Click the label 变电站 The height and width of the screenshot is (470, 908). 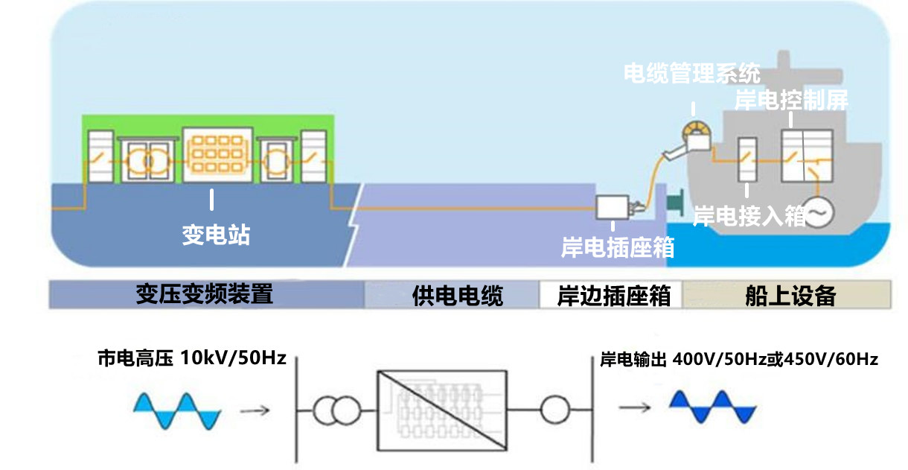(x=216, y=235)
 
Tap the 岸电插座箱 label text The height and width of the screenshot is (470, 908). (x=618, y=247)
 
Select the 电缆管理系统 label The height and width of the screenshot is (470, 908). (x=691, y=74)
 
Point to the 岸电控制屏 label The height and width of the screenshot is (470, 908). (x=790, y=100)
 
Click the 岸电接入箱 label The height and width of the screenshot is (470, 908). (x=749, y=216)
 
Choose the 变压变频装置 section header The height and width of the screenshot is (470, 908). (x=205, y=294)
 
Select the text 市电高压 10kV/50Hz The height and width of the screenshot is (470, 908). (x=191, y=358)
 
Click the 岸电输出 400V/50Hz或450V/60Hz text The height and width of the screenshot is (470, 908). (x=739, y=360)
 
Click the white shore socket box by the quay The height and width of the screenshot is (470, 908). (x=615, y=206)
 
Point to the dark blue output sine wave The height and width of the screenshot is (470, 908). (x=712, y=409)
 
